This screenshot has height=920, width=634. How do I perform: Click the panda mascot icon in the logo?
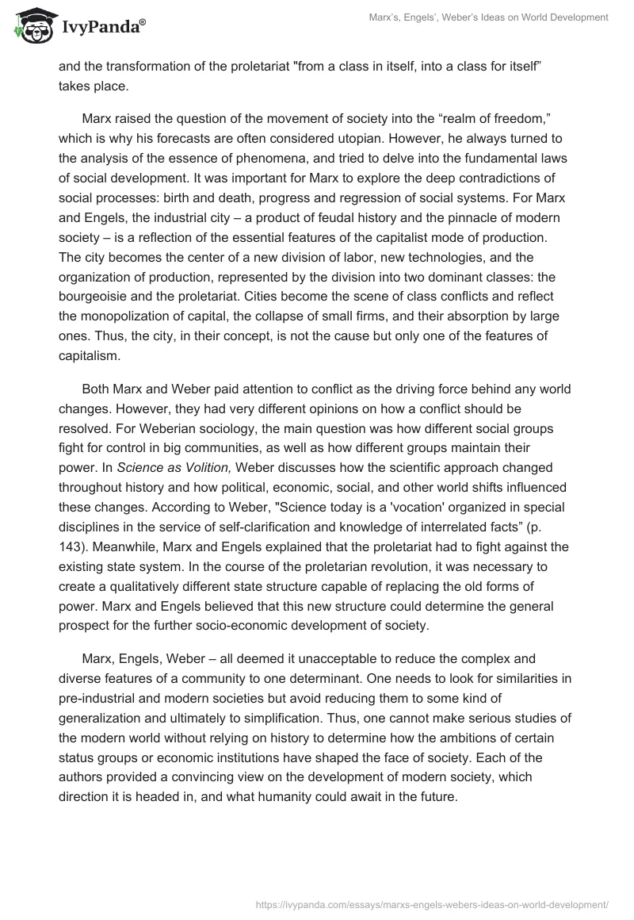coord(29,25)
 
